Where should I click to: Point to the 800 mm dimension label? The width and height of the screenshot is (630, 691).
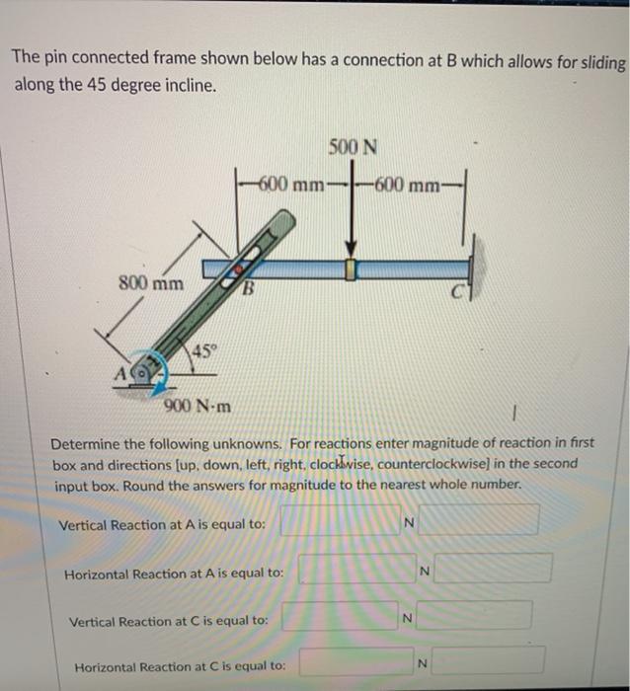[151, 283]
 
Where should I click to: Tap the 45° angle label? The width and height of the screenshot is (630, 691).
[202, 350]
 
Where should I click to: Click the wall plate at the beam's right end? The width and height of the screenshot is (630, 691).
[473, 268]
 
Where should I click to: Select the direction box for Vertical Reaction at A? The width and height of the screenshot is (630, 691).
[478, 520]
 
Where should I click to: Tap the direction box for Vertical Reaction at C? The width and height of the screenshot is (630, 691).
[473, 616]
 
